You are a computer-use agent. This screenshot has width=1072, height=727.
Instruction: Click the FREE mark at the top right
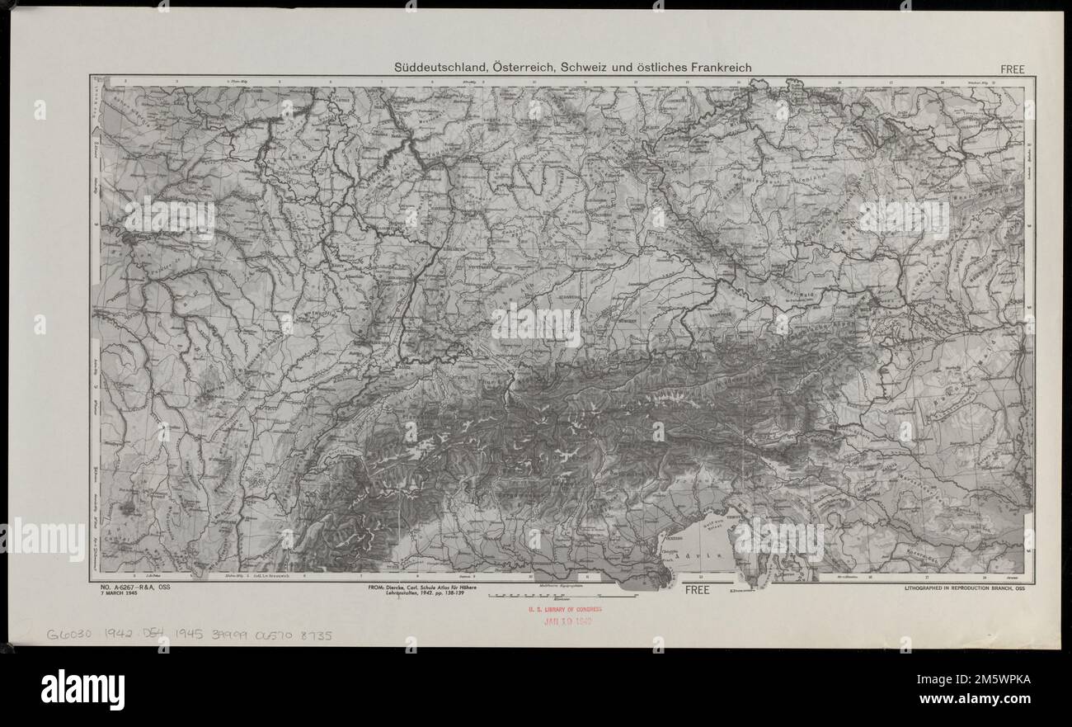tap(1012, 70)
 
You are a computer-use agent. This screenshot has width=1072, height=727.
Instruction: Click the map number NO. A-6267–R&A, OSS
tap(134, 588)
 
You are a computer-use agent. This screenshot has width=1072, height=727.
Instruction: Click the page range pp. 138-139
tap(459, 595)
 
